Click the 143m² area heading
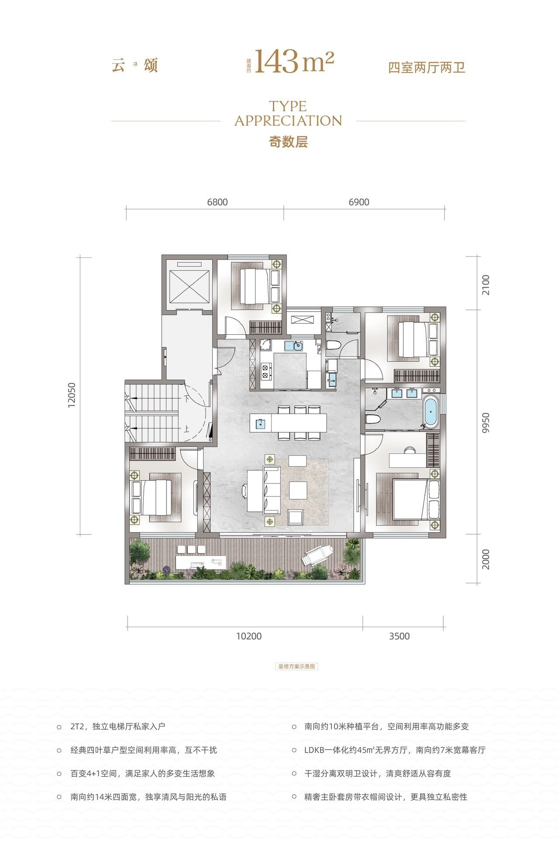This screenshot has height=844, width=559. tap(294, 62)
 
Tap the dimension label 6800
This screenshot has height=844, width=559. tap(217, 202)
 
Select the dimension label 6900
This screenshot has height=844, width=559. tap(359, 202)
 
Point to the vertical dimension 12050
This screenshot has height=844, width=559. tap(72, 395)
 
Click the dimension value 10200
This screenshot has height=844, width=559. tap(249, 636)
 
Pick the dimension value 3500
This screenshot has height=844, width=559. tap(399, 636)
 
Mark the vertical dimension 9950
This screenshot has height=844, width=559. tap(486, 423)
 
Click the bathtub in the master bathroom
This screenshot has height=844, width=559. tap(431, 411)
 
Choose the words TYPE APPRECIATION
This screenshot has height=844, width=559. tap(288, 113)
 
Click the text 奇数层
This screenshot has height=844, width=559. tap(288, 142)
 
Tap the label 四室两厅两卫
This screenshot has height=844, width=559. tap(427, 68)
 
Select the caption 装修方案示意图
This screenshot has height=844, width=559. tap(297, 667)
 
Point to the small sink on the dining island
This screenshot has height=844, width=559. tap(260, 423)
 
